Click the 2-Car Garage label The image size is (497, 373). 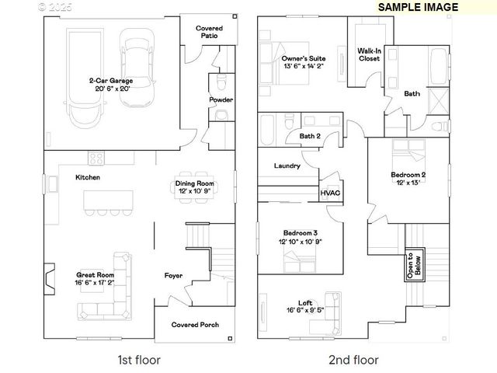(x=109, y=80)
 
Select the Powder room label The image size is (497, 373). (x=221, y=100)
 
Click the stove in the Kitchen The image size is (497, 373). (x=97, y=158)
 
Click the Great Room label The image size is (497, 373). (x=95, y=274)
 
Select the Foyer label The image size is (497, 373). (x=173, y=275)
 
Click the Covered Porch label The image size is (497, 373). (x=195, y=325)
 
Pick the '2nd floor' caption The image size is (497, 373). (x=353, y=360)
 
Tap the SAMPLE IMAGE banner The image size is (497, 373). (x=418, y=7)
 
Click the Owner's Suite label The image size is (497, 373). (x=304, y=58)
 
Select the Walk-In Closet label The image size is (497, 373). (x=368, y=54)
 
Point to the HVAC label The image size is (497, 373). (x=330, y=193)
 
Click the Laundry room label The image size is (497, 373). (x=287, y=166)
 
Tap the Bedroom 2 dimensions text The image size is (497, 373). (x=408, y=183)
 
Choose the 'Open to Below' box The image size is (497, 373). (x=412, y=267)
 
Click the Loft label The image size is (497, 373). (x=305, y=304)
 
